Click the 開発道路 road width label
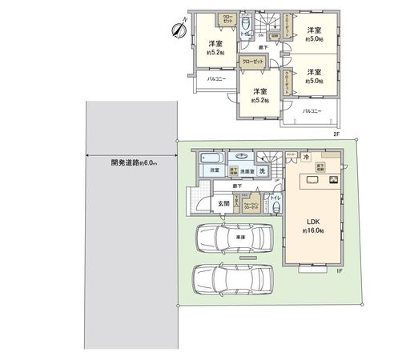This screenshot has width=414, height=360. click(x=134, y=163)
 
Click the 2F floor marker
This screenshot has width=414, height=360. click(x=337, y=134)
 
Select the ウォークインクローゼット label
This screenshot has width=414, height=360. click(x=251, y=204)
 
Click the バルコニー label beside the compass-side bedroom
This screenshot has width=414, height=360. click(x=216, y=80)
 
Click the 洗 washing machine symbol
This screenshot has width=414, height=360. click(x=262, y=171)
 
